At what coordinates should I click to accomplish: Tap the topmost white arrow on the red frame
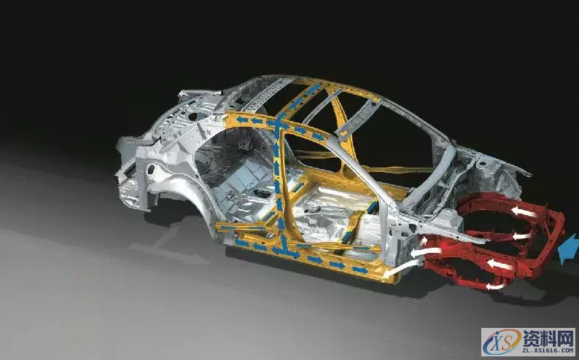point(524,212)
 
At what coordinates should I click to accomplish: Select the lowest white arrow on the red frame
point(495,286)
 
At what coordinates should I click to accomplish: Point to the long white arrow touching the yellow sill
point(402,268)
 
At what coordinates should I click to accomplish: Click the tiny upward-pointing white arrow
point(424,241)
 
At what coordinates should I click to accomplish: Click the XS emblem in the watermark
point(502,342)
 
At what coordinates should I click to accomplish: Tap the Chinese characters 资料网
point(548,337)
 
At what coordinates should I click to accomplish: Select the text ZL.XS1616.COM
point(548,350)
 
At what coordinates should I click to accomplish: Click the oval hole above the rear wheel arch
point(151,169)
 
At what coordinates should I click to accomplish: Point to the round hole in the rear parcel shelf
point(193,117)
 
